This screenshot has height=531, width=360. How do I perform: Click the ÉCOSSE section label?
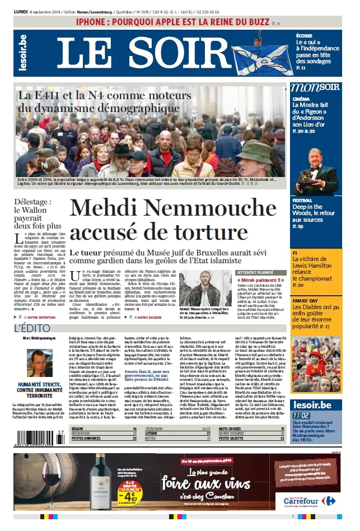[x=304, y=35]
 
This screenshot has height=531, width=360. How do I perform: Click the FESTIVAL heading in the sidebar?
[x=302, y=200]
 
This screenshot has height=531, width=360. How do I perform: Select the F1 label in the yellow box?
[x=294, y=253]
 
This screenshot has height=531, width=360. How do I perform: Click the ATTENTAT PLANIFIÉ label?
[x=240, y=272]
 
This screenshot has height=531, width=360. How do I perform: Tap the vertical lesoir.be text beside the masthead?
[x=22, y=53]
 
